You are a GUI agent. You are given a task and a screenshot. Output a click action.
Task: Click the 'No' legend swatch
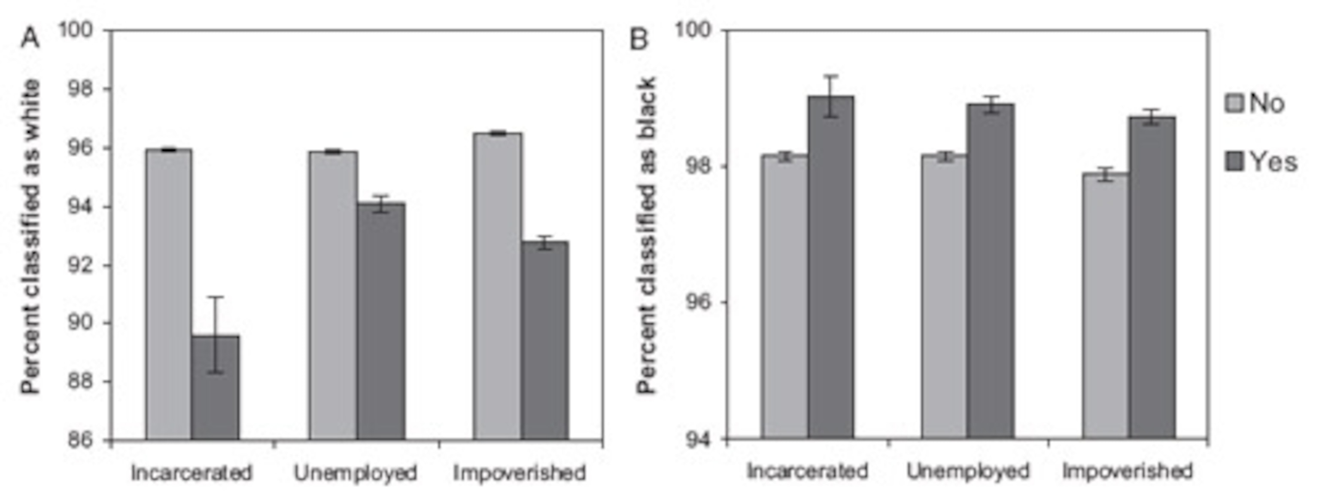click(x=1234, y=103)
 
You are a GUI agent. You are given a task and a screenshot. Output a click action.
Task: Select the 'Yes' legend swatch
click(x=1234, y=162)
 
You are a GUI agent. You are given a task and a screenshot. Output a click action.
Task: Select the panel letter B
click(x=639, y=38)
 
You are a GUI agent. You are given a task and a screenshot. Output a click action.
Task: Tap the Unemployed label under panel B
click(x=967, y=471)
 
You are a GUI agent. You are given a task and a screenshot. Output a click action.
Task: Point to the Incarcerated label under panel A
click(x=191, y=472)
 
